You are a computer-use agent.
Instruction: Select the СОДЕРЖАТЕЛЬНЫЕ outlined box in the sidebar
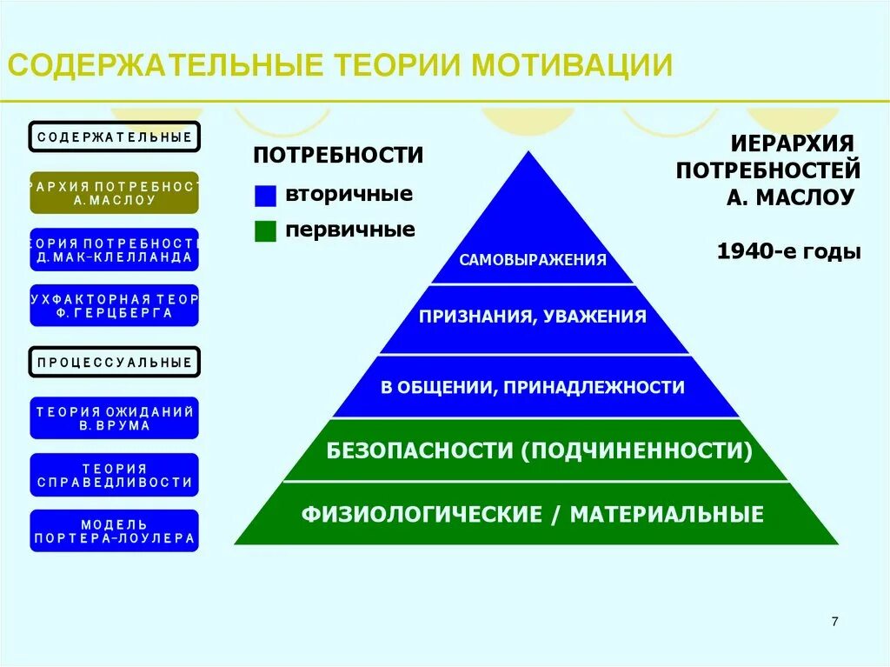tap(115, 137)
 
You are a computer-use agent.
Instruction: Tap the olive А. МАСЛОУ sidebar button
tap(115, 193)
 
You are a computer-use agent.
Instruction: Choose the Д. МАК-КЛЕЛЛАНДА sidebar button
tap(115, 250)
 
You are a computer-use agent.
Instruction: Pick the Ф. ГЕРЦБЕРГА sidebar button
tap(115, 305)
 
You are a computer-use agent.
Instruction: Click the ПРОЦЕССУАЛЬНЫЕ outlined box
tap(115, 362)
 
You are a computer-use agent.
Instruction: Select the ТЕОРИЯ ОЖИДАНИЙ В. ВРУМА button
tap(115, 418)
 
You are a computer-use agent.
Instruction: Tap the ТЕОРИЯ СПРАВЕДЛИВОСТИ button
tap(115, 475)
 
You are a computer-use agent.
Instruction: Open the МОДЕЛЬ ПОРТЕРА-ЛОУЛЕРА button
tap(115, 530)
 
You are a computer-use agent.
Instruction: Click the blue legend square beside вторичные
tap(265, 196)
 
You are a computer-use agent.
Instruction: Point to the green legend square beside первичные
tap(265, 230)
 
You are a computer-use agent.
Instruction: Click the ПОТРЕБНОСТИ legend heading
tap(338, 156)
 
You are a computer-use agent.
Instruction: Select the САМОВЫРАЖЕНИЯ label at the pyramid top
tap(533, 259)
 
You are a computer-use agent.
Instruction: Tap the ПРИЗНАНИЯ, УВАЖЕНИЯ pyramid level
tap(533, 317)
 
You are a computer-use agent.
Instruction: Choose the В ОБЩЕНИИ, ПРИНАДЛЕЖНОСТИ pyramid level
tap(533, 387)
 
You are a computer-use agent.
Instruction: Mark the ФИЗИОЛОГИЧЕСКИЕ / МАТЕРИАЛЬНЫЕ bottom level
tap(533, 514)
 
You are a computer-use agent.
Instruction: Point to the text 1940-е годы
tap(788, 252)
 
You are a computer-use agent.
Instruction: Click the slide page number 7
tap(834, 621)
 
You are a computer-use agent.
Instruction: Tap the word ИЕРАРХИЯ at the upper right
tap(792, 142)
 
